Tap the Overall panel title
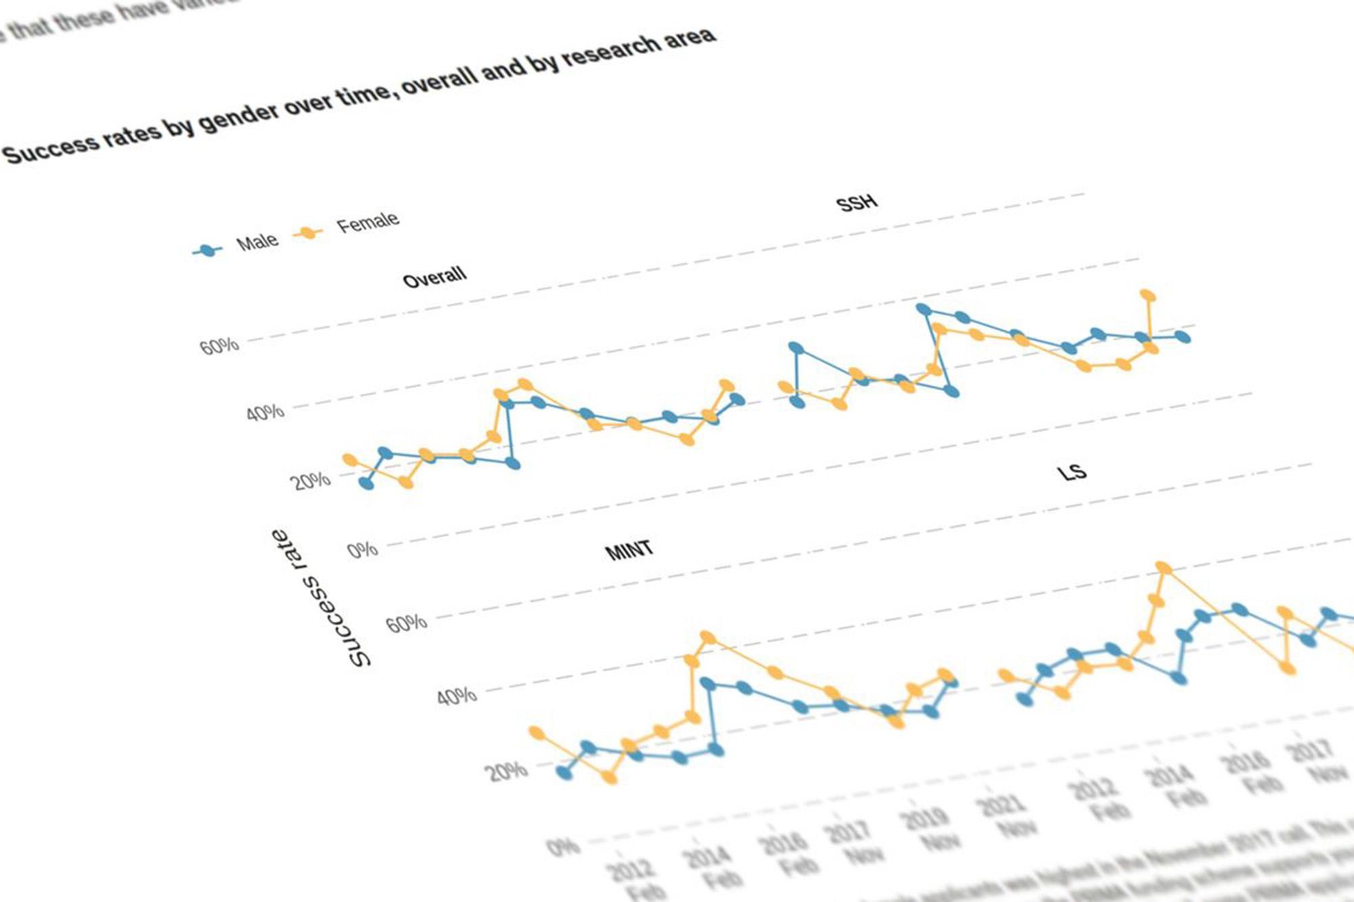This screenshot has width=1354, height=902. pos(434,277)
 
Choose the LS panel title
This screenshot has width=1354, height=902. pos(1072,472)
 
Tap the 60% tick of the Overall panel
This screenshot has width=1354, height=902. pos(219,346)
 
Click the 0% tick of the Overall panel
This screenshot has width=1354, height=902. pos(362,549)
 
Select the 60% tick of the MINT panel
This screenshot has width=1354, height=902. pos(407,623)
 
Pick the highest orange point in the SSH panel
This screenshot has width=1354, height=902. pos(1148,296)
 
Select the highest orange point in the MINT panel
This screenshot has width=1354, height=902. pos(707,637)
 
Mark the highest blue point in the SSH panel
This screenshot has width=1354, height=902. pos(923,309)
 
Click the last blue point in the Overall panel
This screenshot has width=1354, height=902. pos(737,400)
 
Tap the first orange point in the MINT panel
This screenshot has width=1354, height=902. pos(536,733)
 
